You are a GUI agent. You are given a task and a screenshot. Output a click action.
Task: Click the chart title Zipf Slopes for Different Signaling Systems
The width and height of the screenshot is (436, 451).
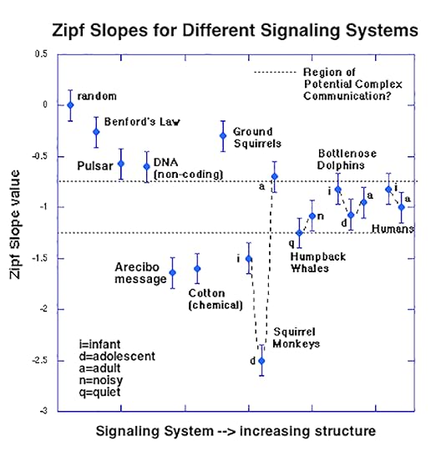[219, 31]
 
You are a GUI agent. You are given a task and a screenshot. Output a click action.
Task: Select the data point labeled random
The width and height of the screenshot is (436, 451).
[70, 104]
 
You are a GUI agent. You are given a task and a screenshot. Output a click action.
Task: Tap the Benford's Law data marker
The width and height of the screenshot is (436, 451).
[96, 132]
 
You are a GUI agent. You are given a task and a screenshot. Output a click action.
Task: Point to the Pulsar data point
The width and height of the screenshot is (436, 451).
[121, 163]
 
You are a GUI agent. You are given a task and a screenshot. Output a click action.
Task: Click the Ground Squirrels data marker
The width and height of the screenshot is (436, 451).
[223, 135]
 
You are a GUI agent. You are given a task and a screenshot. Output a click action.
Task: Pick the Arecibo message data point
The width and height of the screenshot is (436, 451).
[173, 272]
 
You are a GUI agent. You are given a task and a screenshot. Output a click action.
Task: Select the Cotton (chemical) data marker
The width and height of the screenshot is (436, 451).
[198, 268]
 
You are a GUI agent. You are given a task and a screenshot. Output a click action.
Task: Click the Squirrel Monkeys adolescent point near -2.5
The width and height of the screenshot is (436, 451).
[261, 360]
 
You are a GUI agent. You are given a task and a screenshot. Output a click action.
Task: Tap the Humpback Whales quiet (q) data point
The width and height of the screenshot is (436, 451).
[300, 232]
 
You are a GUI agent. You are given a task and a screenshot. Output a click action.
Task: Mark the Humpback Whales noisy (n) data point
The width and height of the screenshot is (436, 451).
[312, 215]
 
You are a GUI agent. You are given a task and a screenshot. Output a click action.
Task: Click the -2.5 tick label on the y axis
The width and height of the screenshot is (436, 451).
[37, 361]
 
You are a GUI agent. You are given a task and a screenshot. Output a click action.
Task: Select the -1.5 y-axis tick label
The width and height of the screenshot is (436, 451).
[37, 259]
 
